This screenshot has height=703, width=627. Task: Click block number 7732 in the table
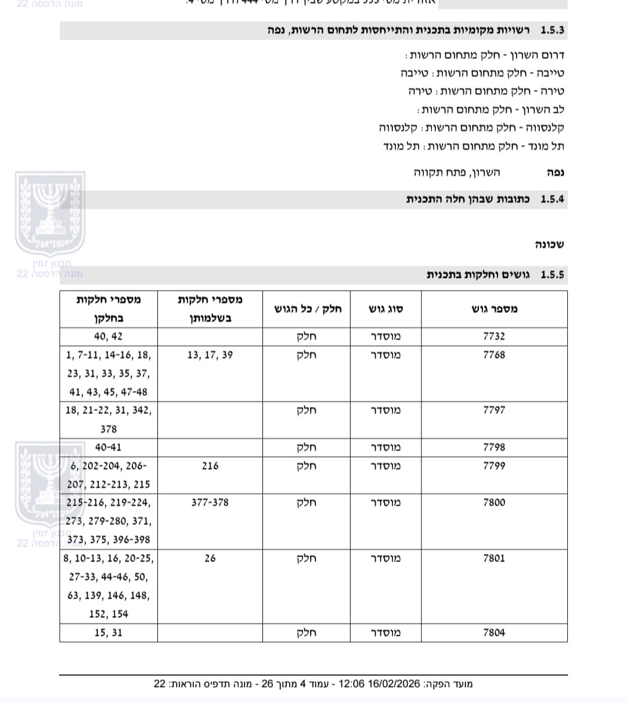(494, 336)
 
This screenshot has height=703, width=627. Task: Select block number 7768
(494, 355)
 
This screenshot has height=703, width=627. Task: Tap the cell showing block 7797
(494, 410)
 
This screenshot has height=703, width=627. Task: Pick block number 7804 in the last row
(494, 633)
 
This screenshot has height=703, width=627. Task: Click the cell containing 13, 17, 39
(210, 355)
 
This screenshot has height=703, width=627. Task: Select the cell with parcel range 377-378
(210, 503)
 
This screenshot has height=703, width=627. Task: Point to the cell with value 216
(210, 466)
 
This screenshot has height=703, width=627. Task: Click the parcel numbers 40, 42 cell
(109, 336)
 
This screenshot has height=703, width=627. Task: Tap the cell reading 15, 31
(109, 633)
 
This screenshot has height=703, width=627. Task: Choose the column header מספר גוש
(495, 309)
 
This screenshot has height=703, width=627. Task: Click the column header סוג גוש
(386, 309)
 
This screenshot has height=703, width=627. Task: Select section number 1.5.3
(552, 30)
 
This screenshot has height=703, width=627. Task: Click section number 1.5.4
(552, 199)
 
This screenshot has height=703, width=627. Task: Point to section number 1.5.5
(552, 275)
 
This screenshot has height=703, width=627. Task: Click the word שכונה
(549, 245)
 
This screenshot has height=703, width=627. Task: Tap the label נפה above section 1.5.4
(556, 173)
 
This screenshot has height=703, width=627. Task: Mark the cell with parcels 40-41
(109, 447)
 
